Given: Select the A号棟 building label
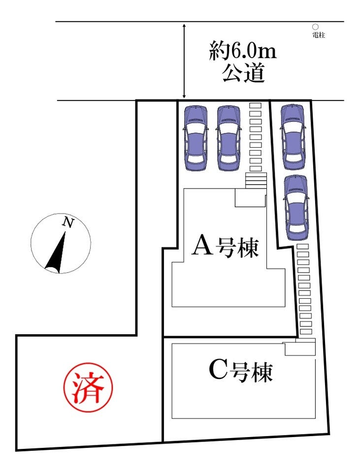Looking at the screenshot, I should (225, 246).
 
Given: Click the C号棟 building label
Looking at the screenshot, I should (240, 372).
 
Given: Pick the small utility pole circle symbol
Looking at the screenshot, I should (315, 28).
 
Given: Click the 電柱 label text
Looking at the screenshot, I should (319, 35).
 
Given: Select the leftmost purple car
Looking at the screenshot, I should (196, 138).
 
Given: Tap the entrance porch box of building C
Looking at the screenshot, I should (300, 348).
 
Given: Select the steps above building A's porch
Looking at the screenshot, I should (256, 180).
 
